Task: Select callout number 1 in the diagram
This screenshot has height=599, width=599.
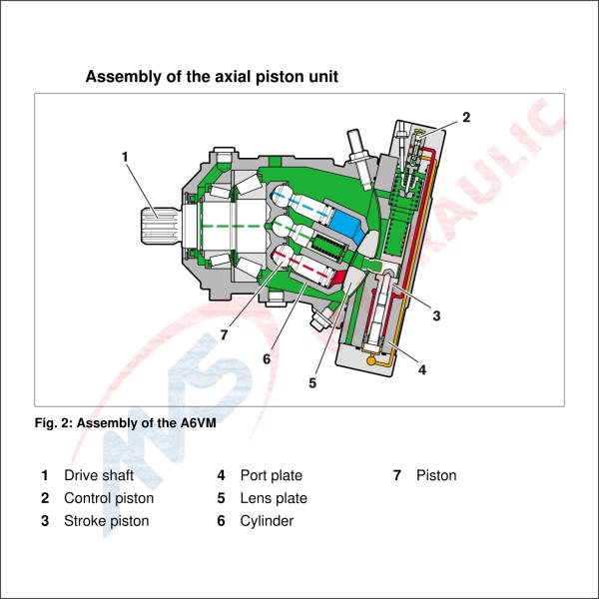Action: pos(125,156)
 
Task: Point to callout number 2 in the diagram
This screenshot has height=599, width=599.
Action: pos(465,117)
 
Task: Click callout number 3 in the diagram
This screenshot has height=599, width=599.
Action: pos(436,315)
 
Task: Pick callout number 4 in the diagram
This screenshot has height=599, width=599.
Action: pos(422,369)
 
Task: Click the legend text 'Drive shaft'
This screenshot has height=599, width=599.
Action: pos(99,475)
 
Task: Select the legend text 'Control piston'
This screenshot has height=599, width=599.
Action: pos(109,498)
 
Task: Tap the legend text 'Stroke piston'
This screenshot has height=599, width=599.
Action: pos(106,520)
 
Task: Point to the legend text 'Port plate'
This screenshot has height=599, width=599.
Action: pos(271,475)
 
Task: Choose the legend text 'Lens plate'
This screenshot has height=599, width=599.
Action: pos(274,498)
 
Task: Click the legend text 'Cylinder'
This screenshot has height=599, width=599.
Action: pos(267,520)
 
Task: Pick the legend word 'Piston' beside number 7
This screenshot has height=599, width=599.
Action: pos(436,475)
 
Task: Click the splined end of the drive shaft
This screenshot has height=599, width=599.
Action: pos(158,226)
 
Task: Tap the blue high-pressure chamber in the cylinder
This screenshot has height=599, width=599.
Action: pos(345,226)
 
